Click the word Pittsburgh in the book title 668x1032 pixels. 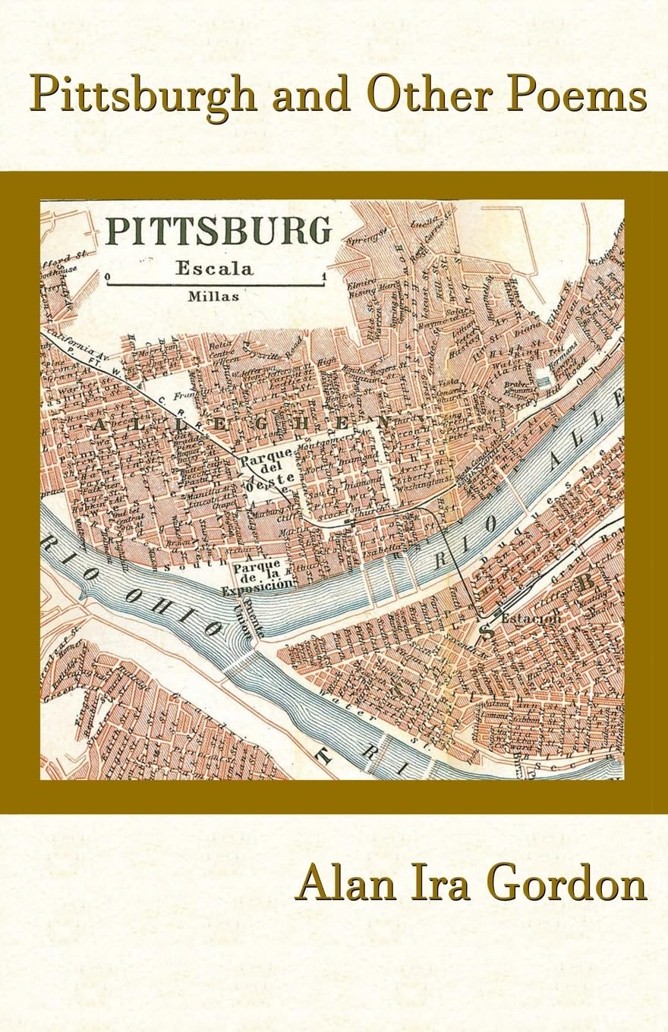tap(143, 97)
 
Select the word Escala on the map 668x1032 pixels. tap(214, 267)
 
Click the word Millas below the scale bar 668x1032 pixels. tap(214, 297)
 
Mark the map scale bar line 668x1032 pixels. tap(215, 285)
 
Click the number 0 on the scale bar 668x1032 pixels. tap(109, 276)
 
